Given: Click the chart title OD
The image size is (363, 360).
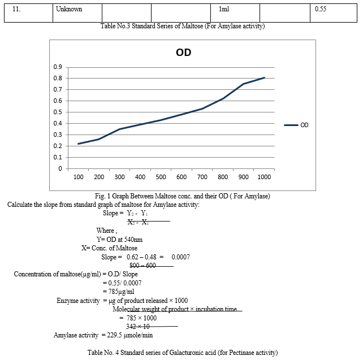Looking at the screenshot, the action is click(184, 53).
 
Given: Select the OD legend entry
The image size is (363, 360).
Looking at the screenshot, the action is click(296, 125).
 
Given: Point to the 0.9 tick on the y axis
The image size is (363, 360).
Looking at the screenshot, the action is click(58, 67).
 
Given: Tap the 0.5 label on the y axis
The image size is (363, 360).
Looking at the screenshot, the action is click(58, 112).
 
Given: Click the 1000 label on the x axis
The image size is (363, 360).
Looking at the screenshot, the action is click(264, 177).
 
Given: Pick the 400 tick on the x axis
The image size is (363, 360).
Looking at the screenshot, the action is click(140, 177).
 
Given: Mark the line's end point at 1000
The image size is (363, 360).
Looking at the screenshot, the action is click(265, 78).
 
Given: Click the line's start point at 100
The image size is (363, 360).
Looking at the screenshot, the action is click(78, 144).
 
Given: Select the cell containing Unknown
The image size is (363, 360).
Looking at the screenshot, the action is click(77, 13).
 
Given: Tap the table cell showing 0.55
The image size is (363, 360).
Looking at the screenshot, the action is click(334, 13).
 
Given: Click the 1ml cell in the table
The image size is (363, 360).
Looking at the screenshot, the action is click(235, 13).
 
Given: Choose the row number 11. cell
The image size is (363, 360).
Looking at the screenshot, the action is click(28, 13).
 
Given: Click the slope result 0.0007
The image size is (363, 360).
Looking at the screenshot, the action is click(180, 257).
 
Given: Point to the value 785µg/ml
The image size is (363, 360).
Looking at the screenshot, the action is click(122, 292).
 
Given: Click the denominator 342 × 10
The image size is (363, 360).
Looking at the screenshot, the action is click(138, 327).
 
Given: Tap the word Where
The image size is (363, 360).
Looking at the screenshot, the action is click(105, 231).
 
